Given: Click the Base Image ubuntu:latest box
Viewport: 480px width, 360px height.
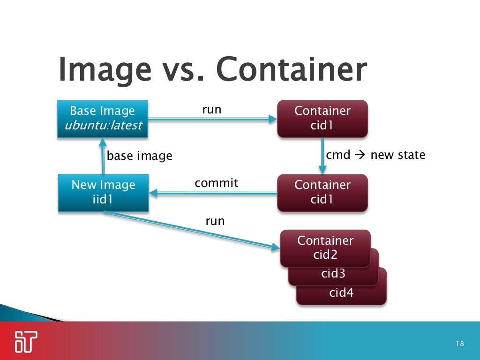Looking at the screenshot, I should pos(102,118).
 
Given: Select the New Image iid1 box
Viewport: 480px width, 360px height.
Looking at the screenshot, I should pos(103,192).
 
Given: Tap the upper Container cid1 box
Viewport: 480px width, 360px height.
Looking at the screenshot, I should pos(322,118).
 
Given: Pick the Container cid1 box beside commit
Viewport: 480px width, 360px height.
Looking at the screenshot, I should pos(322,192).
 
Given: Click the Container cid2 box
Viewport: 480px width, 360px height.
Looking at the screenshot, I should pos(325,247).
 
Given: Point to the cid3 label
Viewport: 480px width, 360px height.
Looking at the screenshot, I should pos(333,274).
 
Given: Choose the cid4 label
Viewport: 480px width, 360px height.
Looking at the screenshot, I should pos(341,293).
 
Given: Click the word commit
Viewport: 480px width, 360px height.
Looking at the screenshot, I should pos(216,183).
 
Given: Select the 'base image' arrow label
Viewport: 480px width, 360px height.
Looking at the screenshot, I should pos(140,156).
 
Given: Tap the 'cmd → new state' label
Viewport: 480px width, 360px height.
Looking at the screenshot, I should pos(375,155).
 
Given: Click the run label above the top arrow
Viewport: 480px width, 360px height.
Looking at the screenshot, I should pos(211,110).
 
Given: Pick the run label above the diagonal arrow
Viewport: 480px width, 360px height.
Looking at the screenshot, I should pos(215,220).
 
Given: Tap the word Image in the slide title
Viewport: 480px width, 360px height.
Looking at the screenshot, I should pos(105,70).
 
